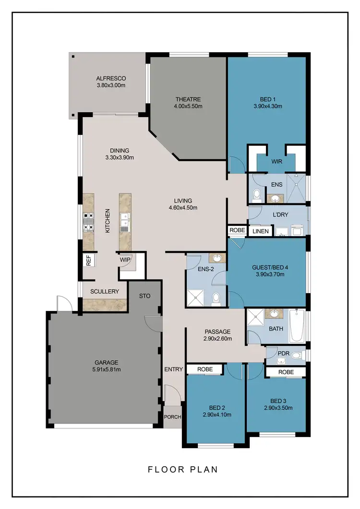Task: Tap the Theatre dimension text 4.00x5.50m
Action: (x=188, y=106)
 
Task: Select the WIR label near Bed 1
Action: (x=276, y=162)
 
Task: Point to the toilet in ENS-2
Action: (x=216, y=297)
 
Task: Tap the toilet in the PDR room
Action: (x=297, y=355)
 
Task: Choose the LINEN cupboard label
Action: (x=261, y=231)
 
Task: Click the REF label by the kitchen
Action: (x=88, y=260)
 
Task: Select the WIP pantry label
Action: (x=125, y=260)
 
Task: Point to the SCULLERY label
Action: (x=104, y=291)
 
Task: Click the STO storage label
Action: (x=145, y=296)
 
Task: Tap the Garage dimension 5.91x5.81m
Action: (x=107, y=369)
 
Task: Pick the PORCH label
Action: (x=172, y=417)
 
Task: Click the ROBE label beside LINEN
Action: (x=237, y=230)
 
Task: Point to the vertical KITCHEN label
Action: (x=108, y=221)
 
